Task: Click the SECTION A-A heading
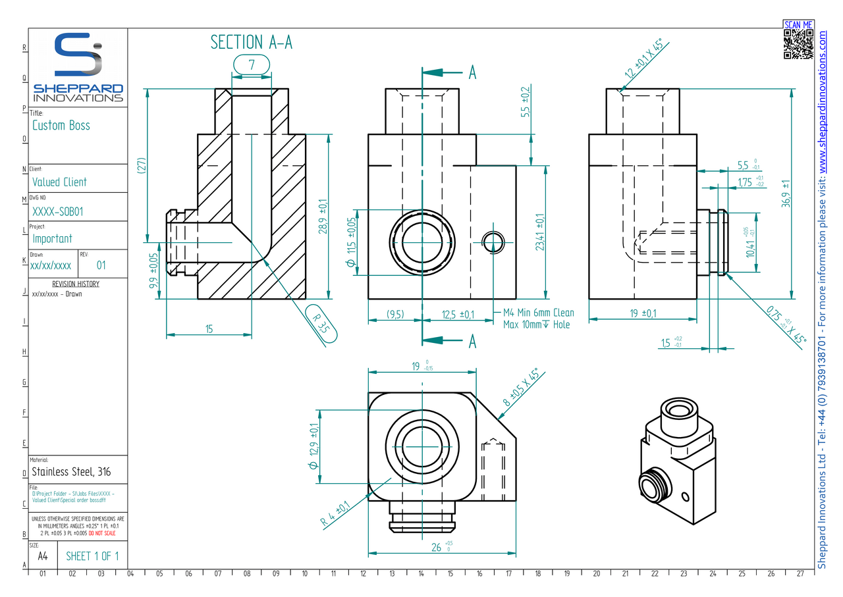[x=251, y=42]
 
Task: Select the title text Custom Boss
[x=61, y=125]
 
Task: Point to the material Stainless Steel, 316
[x=71, y=471]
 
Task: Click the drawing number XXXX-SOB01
[x=58, y=211]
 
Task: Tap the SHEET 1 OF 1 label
[x=92, y=556]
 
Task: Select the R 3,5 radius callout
[x=321, y=324]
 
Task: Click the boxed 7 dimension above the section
[x=252, y=65]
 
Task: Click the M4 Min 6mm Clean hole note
[x=538, y=313]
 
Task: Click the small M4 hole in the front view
[x=494, y=242]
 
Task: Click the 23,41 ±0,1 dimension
[x=540, y=232]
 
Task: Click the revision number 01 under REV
[x=101, y=266]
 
